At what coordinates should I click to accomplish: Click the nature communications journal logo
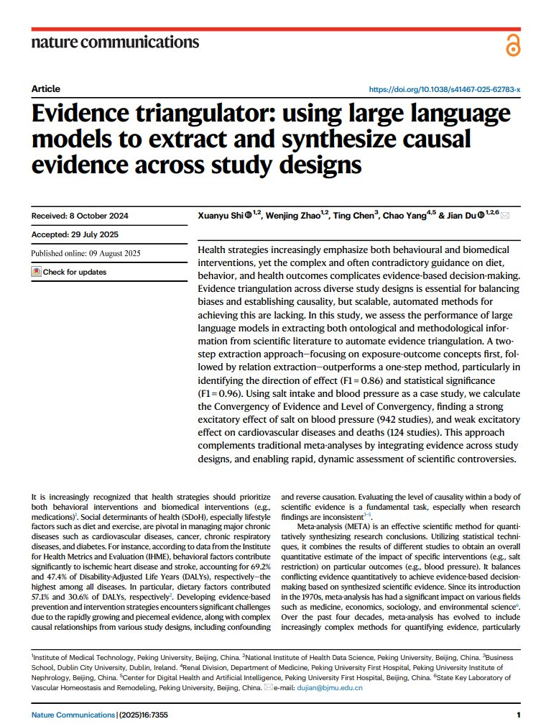115,42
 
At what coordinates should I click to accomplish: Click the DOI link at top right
444,89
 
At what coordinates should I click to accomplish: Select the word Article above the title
46,89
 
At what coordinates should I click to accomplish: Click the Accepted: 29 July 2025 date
75,235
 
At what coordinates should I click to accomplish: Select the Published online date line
85,253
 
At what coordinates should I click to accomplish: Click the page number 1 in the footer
518,715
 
